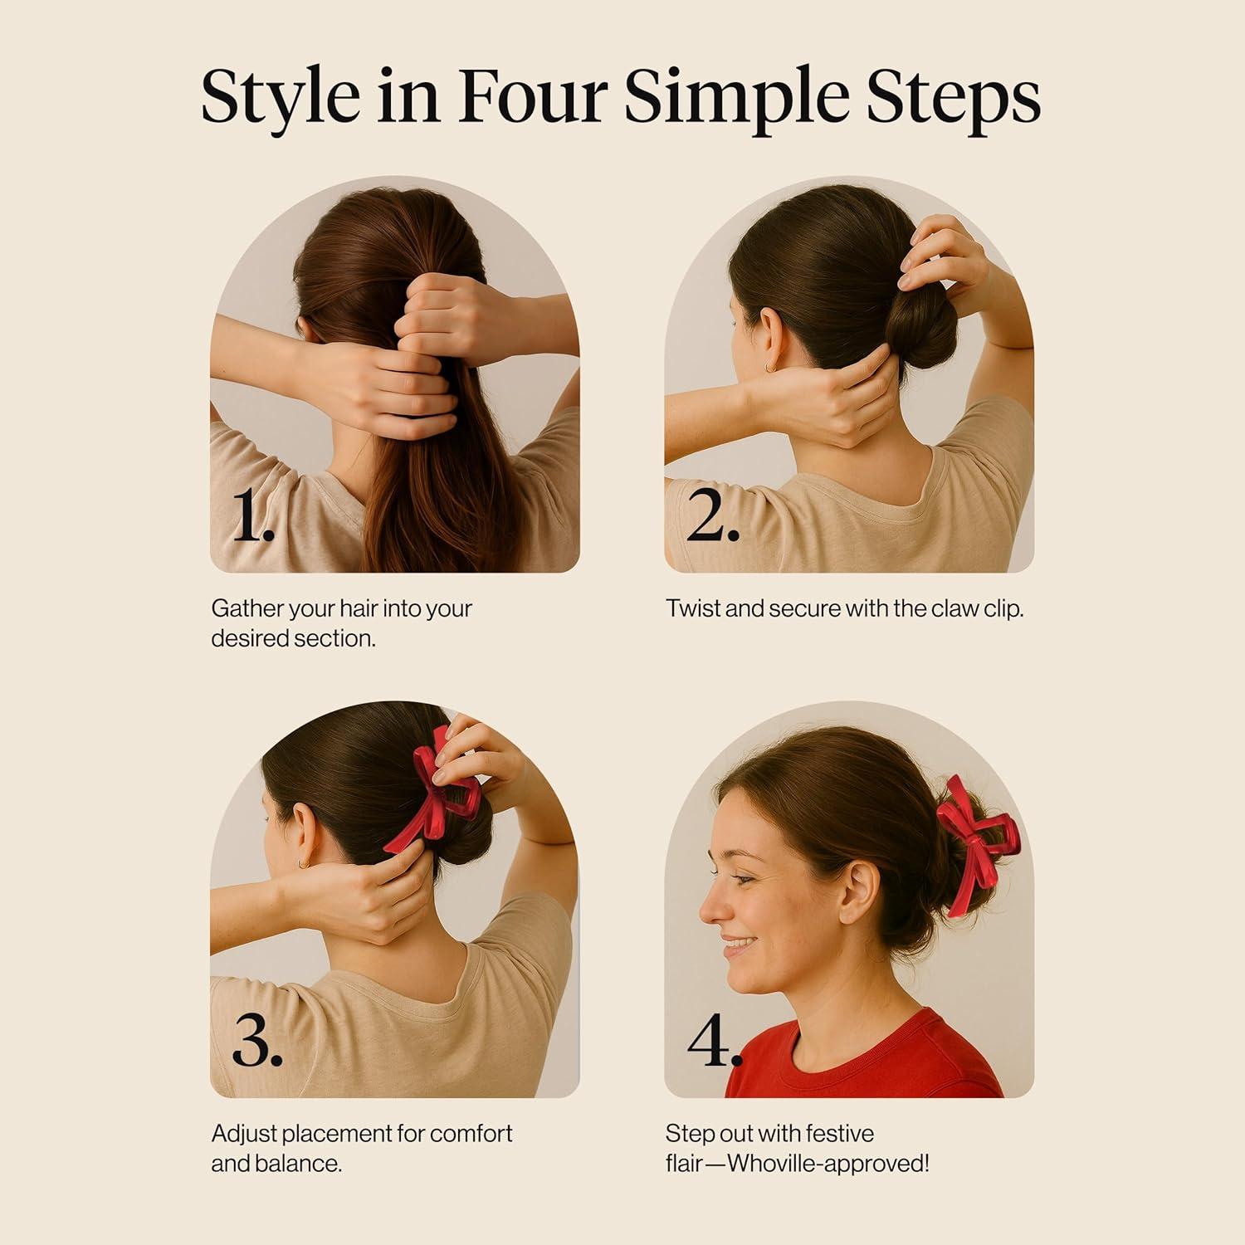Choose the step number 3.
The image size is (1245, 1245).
pos(257,1039)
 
